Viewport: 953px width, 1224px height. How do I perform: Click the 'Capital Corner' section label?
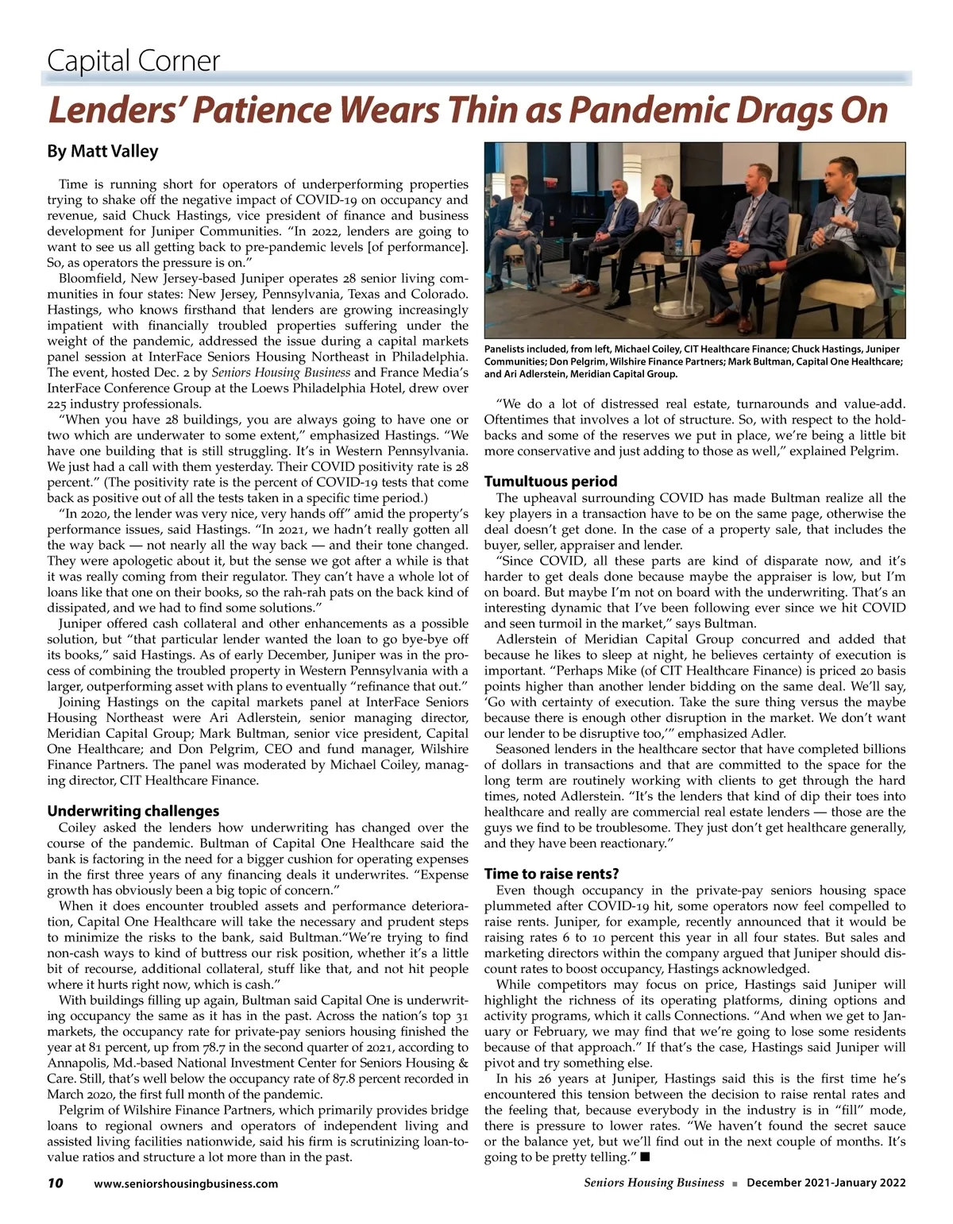tap(133, 61)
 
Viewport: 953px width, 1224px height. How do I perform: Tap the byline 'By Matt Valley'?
tap(102, 151)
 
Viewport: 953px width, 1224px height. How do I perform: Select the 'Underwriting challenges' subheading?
tap(133, 811)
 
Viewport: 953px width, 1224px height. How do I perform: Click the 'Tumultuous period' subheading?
tap(550, 481)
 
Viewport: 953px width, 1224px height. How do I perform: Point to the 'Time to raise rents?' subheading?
tap(551, 875)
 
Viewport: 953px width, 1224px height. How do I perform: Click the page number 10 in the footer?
tap(55, 1183)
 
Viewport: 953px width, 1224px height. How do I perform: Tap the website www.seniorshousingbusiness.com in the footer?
tap(186, 1183)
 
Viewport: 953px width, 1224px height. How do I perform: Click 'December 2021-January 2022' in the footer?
tap(826, 1183)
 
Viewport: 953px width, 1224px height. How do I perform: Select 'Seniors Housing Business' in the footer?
tap(654, 1183)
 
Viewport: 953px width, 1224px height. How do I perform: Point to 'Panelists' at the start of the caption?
tap(509, 349)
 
